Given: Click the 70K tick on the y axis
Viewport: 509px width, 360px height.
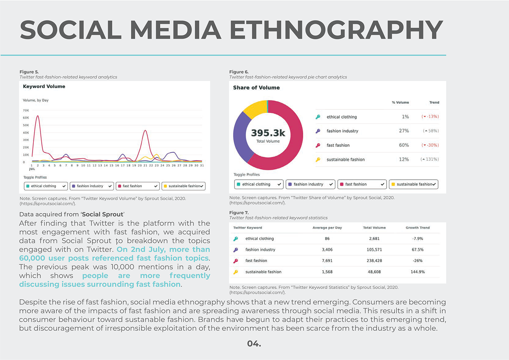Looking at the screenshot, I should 26,110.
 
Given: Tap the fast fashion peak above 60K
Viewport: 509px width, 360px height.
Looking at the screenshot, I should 37,116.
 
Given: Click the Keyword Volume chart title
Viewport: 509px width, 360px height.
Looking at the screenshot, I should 44,87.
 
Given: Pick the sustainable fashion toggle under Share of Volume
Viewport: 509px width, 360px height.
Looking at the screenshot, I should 413,184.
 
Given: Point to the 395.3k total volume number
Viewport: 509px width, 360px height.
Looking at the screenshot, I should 268,133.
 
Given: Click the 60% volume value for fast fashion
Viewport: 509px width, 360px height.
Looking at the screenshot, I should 404,145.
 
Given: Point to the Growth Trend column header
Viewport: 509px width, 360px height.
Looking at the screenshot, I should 417,228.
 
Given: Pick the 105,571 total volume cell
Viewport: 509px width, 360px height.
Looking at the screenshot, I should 374,250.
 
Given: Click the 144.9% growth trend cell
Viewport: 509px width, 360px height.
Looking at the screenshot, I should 418,272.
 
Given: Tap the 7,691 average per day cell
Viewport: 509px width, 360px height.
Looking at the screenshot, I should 327,261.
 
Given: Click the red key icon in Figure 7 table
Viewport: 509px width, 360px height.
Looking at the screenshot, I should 236,261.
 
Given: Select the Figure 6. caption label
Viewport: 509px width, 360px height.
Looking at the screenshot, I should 239,72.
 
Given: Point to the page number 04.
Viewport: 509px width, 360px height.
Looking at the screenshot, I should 254,344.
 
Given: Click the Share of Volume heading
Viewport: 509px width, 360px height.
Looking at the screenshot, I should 256,88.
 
